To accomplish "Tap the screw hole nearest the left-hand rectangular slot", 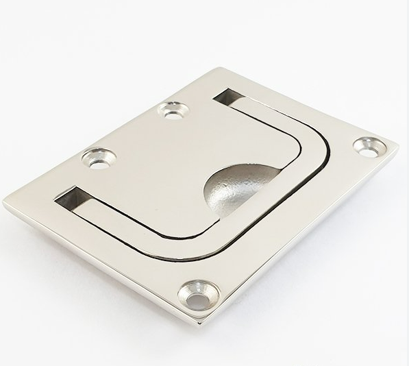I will pos(99,159).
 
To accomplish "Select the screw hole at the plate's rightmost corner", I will pos(369,147).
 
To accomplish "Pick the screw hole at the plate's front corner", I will pos(199,295).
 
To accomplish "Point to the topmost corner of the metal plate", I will pos(221,69).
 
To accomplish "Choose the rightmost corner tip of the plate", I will pos(397,145).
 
